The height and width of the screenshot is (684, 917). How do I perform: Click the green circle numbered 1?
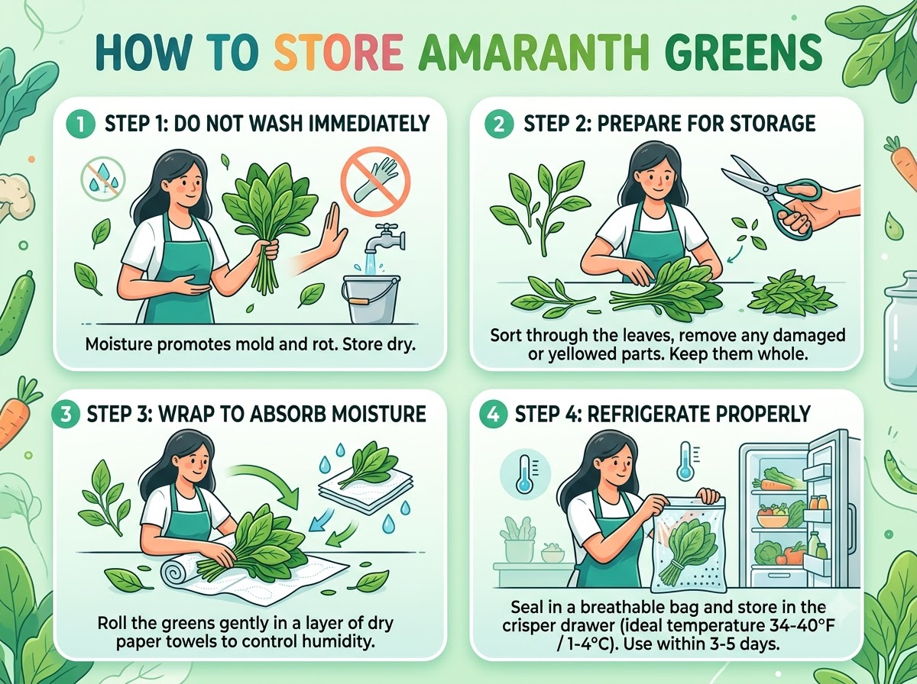[x=80, y=124]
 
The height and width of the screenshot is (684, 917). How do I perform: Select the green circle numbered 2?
[x=499, y=124]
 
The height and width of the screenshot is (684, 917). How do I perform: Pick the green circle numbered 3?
[x=65, y=414]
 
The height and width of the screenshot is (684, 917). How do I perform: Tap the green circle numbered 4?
[x=494, y=414]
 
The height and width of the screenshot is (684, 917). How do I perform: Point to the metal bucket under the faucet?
[x=371, y=298]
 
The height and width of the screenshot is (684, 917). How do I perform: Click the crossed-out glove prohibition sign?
[x=375, y=181]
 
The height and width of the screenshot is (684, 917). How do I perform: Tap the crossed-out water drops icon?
[x=102, y=179]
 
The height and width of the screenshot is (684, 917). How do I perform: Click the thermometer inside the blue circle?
[x=525, y=473]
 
